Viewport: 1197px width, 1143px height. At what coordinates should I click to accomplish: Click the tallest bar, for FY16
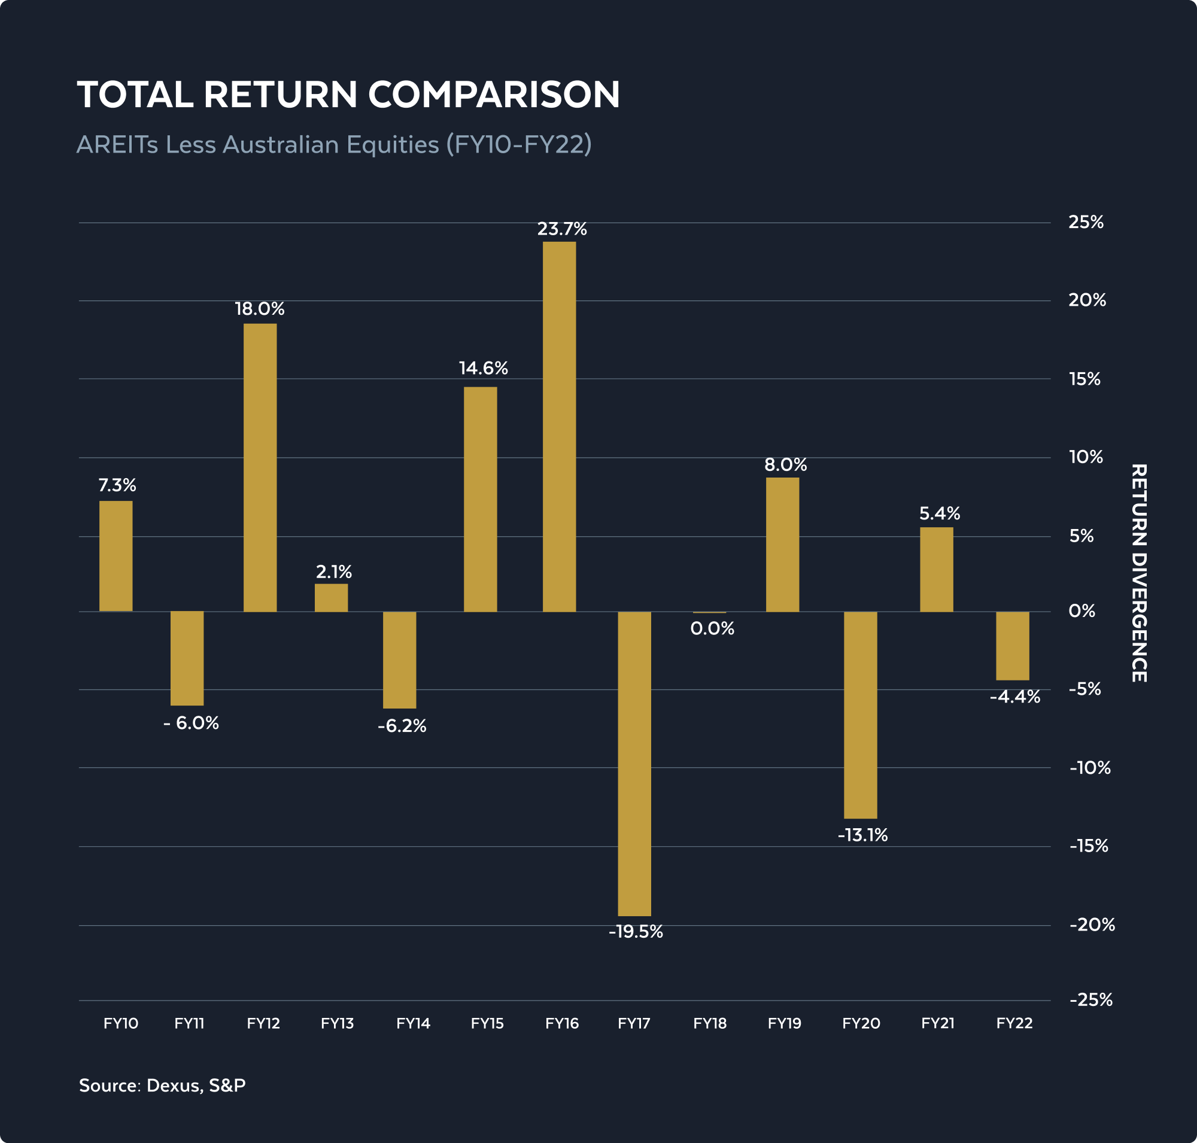tap(559, 427)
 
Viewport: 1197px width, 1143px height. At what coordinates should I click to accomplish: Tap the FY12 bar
tap(260, 467)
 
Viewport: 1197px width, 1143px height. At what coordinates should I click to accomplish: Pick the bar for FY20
tap(860, 715)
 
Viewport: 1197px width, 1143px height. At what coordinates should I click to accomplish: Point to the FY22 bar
tap(1012, 645)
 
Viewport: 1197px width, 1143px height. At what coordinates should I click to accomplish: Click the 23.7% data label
tap(561, 229)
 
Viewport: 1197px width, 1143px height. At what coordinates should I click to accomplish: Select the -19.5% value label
tap(635, 932)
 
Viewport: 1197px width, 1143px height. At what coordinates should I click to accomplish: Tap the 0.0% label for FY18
tap(712, 629)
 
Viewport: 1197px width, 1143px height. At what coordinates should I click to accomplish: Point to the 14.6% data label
tap(483, 368)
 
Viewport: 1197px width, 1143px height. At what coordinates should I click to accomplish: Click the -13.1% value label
tap(862, 835)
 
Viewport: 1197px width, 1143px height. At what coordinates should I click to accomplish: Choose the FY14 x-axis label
tap(412, 1023)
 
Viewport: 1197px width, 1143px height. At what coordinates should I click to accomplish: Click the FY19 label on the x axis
tap(784, 1023)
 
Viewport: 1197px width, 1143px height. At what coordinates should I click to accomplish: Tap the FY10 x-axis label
tap(121, 1023)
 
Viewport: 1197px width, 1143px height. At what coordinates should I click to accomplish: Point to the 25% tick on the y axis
tap(1086, 223)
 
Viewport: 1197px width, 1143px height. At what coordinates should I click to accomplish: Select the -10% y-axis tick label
tap(1090, 768)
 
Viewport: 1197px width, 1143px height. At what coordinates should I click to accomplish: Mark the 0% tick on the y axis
tap(1081, 611)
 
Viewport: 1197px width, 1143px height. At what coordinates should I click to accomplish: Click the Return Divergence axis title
tap(1138, 573)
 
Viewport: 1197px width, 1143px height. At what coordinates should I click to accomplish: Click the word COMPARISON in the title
tap(494, 95)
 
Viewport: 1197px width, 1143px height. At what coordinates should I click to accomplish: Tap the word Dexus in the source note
tap(174, 1085)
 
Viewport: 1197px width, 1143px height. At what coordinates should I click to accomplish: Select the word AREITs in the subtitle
tap(117, 145)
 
